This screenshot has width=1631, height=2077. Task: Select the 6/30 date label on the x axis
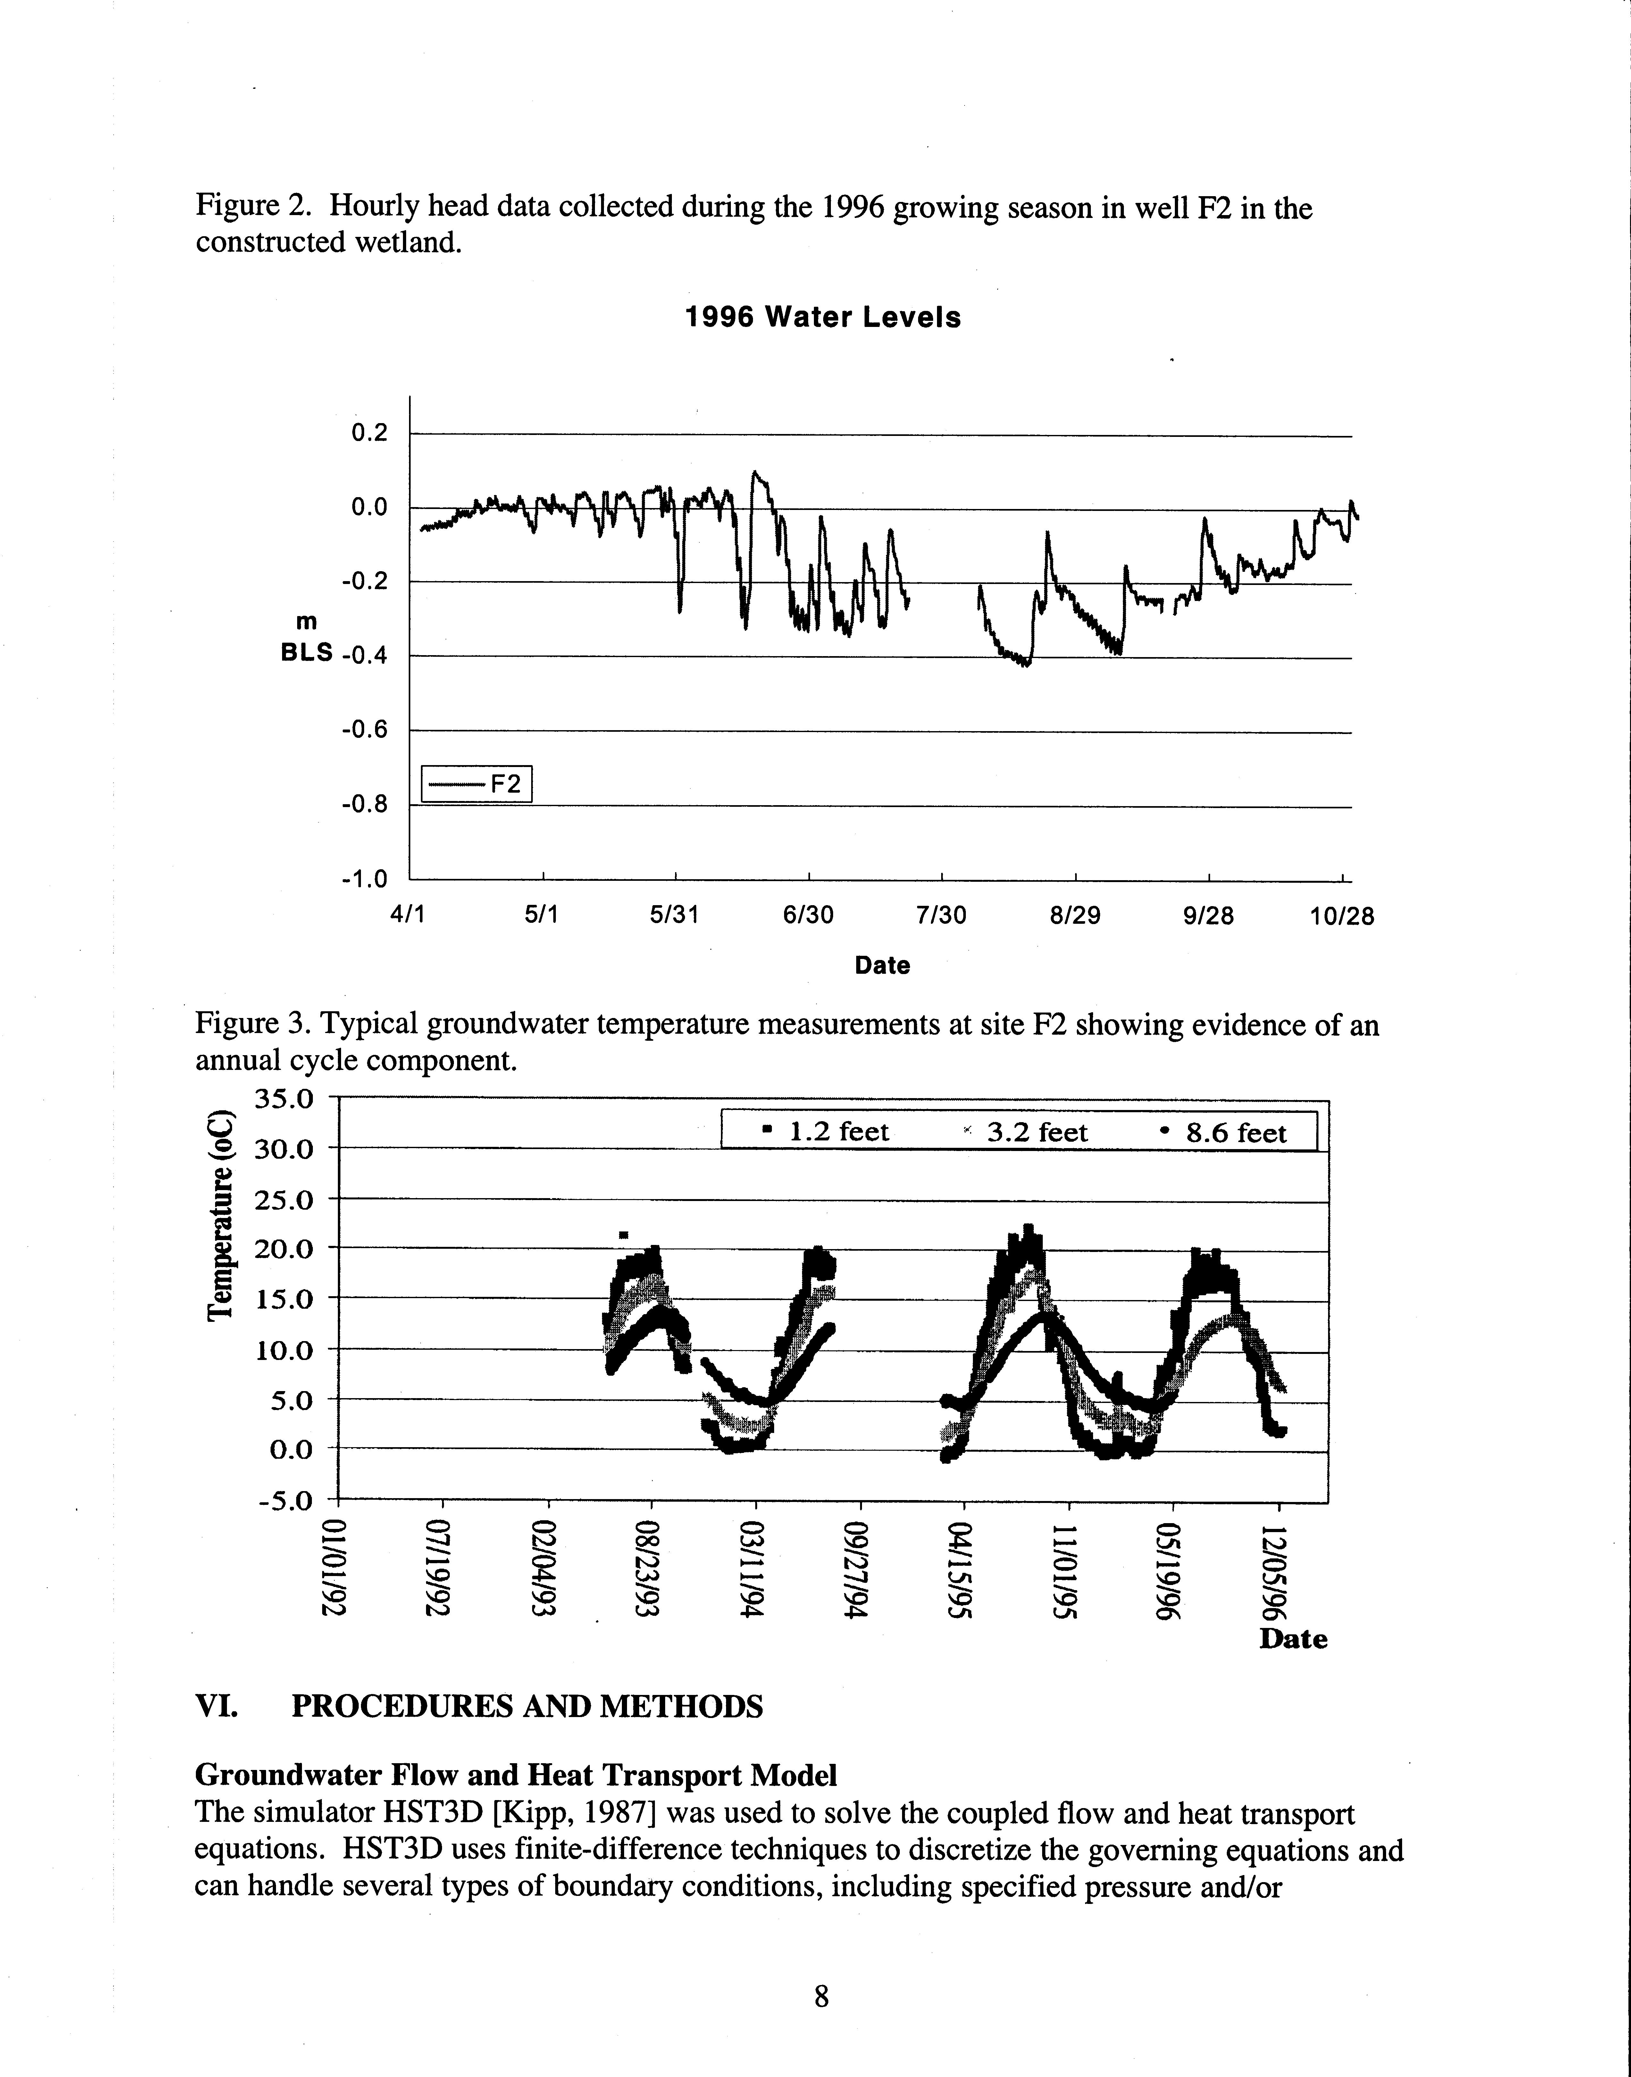pyautogui.click(x=808, y=916)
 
